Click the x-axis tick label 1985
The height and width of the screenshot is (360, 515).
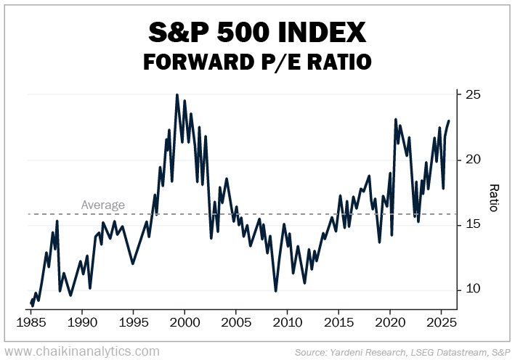point(31,322)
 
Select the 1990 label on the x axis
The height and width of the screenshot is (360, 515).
point(82,322)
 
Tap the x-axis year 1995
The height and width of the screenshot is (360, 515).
point(133,322)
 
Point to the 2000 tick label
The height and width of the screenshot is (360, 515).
point(184,322)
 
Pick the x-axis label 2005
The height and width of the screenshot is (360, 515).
point(235,322)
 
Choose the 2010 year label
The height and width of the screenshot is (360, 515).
point(287,322)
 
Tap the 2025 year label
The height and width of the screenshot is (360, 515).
point(440,322)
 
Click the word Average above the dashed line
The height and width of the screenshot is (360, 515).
point(103,205)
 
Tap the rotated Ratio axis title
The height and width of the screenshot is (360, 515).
point(493,197)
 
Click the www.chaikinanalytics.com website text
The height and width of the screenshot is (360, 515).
point(81,351)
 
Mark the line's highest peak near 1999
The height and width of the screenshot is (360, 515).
point(177,94)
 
